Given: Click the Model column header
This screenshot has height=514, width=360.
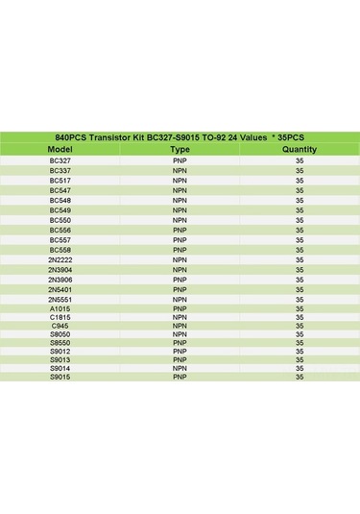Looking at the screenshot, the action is coord(60,150).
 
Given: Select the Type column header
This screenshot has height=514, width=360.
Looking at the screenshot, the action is coord(180,150).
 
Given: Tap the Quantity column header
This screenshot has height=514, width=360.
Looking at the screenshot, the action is coord(300,150).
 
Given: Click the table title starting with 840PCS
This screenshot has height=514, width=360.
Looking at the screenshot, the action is coord(180,138).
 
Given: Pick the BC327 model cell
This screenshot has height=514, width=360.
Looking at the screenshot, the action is coord(60,160).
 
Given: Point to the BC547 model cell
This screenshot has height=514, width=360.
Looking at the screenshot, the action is coord(60,190).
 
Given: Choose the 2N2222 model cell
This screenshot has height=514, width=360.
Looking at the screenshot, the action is coord(60,259).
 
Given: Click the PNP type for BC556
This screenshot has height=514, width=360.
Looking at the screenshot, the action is coord(180,230).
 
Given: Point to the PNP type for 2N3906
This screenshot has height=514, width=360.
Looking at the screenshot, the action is coord(180,279).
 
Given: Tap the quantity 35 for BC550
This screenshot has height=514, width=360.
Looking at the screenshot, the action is coord(300,220).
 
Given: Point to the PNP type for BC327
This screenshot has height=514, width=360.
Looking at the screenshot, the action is coord(180,160).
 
